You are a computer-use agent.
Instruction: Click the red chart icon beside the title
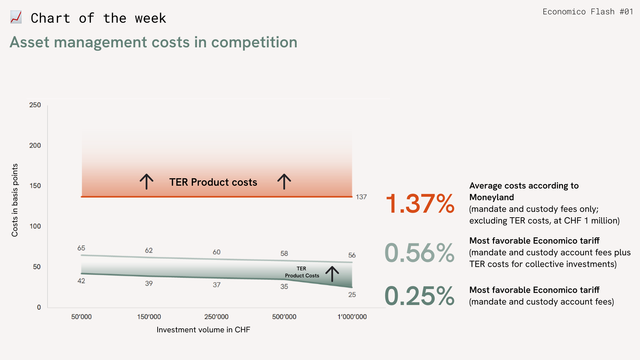pos(16,17)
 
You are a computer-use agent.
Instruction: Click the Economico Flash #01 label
pos(588,12)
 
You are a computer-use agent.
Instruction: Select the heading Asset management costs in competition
pos(153,42)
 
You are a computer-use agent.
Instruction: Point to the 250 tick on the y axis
pos(35,105)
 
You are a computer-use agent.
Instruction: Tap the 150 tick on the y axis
pos(35,186)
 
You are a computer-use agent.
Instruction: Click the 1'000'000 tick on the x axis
pos(352,317)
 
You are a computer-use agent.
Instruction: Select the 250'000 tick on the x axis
pos(216,317)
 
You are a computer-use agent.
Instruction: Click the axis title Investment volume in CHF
pos(203,330)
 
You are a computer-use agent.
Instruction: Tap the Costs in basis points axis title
pos(15,200)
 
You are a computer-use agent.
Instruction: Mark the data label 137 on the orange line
pos(361,197)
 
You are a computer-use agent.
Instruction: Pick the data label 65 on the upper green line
pos(81,248)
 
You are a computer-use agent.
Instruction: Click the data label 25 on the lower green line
pos(352,295)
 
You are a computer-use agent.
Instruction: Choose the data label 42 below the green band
pos(81,281)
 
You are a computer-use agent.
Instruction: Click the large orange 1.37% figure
pos(420,204)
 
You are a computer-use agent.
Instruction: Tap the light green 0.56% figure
pos(419,253)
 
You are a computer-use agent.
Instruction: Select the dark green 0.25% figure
pos(419,296)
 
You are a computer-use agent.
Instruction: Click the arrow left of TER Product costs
pos(146,182)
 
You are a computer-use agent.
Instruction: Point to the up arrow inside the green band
pos(332,274)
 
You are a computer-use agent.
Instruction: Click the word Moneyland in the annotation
pos(491,197)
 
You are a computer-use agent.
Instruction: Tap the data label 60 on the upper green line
pos(217,252)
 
